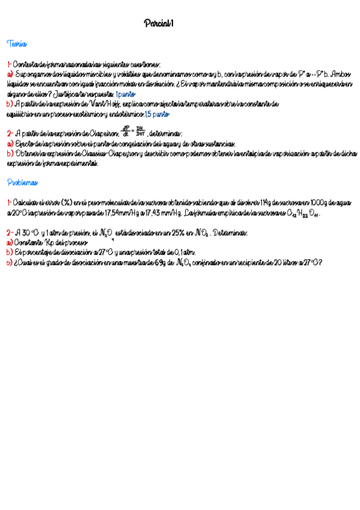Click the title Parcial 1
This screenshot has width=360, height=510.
(x=159, y=23)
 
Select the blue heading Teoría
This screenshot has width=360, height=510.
(x=16, y=44)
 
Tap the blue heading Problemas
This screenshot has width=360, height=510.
(x=22, y=182)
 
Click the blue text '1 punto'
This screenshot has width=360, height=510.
(x=126, y=94)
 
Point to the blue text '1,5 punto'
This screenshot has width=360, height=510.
(x=157, y=114)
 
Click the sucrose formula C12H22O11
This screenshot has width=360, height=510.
(x=305, y=214)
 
